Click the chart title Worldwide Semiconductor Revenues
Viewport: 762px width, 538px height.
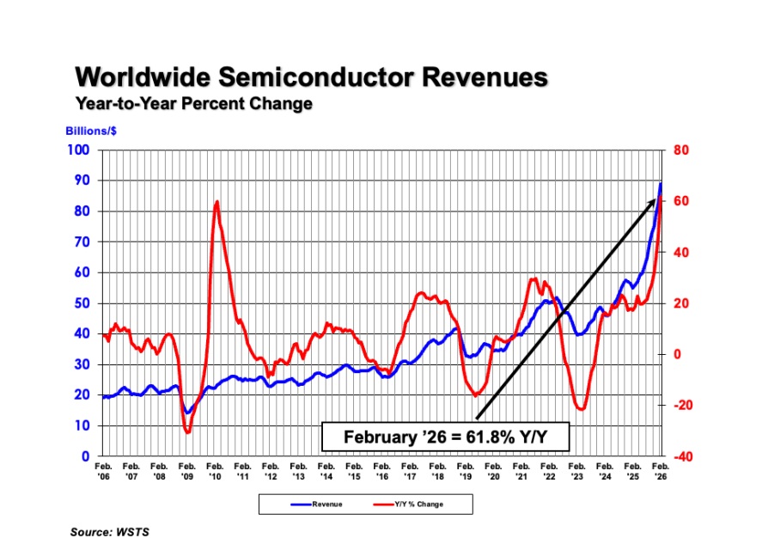coord(311,76)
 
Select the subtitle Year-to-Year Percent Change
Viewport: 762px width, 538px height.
coord(193,104)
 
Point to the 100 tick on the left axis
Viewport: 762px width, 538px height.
coord(78,150)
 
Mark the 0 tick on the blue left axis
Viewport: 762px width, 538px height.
coord(85,456)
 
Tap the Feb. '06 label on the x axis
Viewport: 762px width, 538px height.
coord(103,470)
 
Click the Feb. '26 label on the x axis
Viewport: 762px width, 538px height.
coord(660,470)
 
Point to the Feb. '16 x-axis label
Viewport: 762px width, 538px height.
coord(381,470)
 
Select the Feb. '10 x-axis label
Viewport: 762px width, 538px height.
coord(215,470)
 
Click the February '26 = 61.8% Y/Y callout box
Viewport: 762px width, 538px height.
coord(446,437)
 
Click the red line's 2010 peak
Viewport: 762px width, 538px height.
coord(216,202)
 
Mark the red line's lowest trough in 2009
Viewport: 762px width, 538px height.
coord(187,431)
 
